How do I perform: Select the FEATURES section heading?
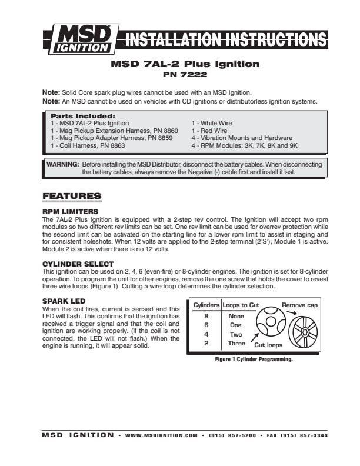click(x=72, y=196)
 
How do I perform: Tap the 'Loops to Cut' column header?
click(x=241, y=305)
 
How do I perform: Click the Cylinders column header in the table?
click(x=207, y=305)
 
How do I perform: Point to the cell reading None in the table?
click(x=236, y=316)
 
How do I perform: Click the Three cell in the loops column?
click(x=236, y=342)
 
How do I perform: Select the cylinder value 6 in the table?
click(x=206, y=325)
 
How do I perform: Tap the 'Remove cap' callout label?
click(x=299, y=305)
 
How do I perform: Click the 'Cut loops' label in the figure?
click(x=268, y=345)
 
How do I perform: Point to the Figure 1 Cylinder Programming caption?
click(x=254, y=359)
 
